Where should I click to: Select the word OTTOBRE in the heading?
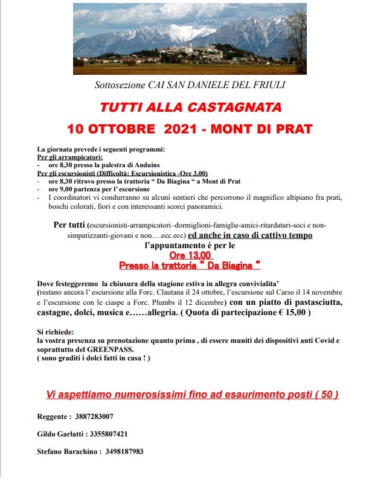coord(125,129)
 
